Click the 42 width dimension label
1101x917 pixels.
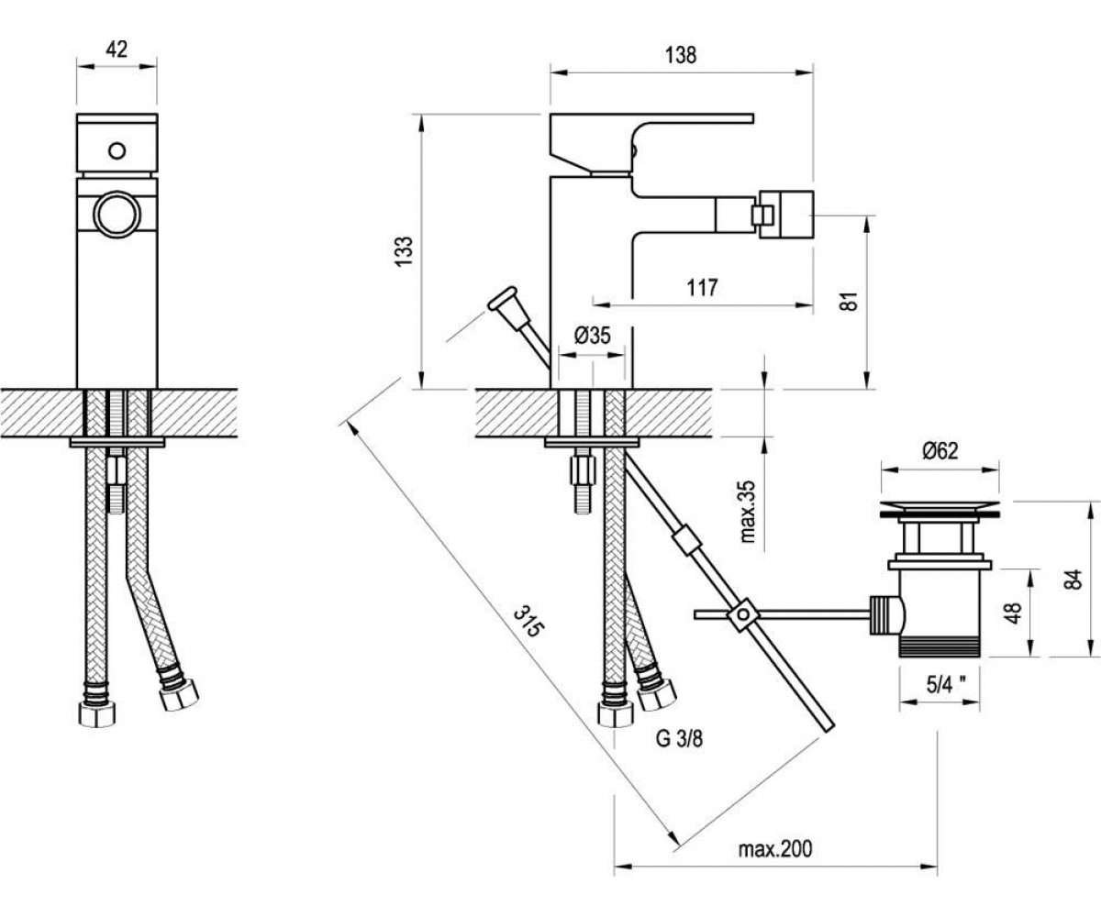pyautogui.click(x=117, y=50)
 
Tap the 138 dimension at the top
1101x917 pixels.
pyautogui.click(x=681, y=55)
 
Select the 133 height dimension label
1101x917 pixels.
pyautogui.click(x=405, y=251)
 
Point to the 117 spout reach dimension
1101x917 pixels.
pyautogui.click(x=703, y=288)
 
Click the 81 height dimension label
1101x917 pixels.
pyautogui.click(x=850, y=301)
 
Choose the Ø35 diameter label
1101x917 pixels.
pyautogui.click(x=592, y=336)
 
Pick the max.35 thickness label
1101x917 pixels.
pyautogui.click(x=749, y=511)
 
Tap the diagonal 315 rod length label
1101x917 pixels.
pyautogui.click(x=528, y=621)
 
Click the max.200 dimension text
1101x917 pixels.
pyautogui.click(x=775, y=849)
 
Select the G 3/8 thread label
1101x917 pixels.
pyautogui.click(x=679, y=739)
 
